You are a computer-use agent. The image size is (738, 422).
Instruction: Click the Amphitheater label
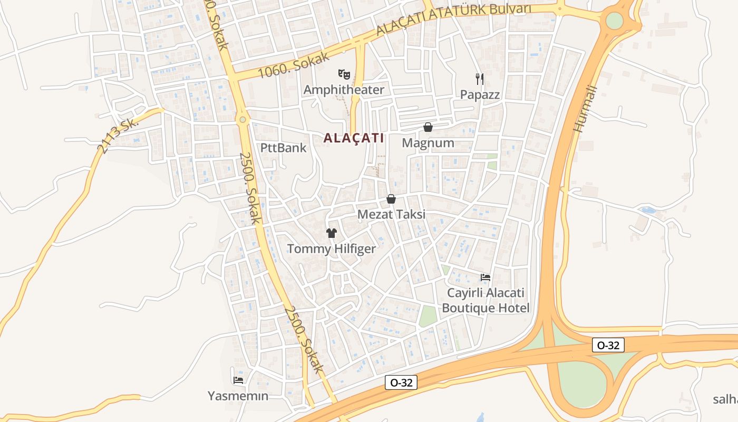pyautogui.click(x=344, y=90)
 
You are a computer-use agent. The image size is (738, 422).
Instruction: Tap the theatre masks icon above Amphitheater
pyautogui.click(x=344, y=74)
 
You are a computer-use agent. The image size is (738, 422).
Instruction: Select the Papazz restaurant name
pyautogui.click(x=480, y=94)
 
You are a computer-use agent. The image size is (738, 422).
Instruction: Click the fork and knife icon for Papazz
pyautogui.click(x=479, y=79)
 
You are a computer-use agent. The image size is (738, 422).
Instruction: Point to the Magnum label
pyautogui.click(x=428, y=143)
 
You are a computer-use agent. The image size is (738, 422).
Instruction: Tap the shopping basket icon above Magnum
pyautogui.click(x=428, y=127)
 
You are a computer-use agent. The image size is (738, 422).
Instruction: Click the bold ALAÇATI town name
pyautogui.click(x=353, y=138)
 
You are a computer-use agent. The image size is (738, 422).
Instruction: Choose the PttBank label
pyautogui.click(x=283, y=148)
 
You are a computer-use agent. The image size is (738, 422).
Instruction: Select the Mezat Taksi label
pyautogui.click(x=391, y=215)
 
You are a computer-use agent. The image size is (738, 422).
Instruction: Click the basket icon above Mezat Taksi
pyautogui.click(x=391, y=199)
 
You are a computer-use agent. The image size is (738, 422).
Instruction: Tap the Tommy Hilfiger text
pyautogui.click(x=331, y=249)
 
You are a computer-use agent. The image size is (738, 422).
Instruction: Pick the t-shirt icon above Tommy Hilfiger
pyautogui.click(x=331, y=233)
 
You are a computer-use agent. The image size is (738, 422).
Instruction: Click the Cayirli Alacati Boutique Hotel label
pyautogui.click(x=485, y=300)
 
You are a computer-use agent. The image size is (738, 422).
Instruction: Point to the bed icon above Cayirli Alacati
pyautogui.click(x=485, y=277)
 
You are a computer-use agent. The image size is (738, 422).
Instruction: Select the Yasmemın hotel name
pyautogui.click(x=238, y=396)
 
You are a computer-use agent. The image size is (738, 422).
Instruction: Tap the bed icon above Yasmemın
pyautogui.click(x=238, y=380)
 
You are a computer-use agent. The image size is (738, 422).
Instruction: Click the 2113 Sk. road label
pyautogui.click(x=118, y=135)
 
